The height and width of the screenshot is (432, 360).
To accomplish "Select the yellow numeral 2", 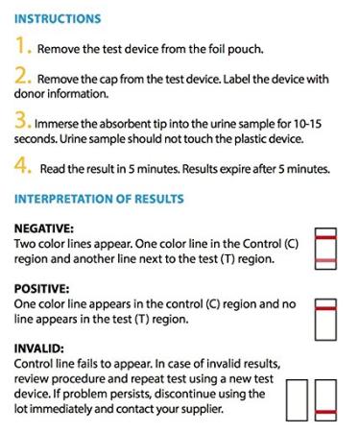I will tap(22, 78).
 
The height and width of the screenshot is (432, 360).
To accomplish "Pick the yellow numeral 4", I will tap(22, 166).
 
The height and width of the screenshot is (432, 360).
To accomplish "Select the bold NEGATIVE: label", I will tap(45, 228).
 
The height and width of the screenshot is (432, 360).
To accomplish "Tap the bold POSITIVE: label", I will tap(42, 288).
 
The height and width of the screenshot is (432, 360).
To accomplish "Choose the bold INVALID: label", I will tap(39, 348).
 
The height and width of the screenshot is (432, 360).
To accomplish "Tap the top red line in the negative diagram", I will tap(326, 236).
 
